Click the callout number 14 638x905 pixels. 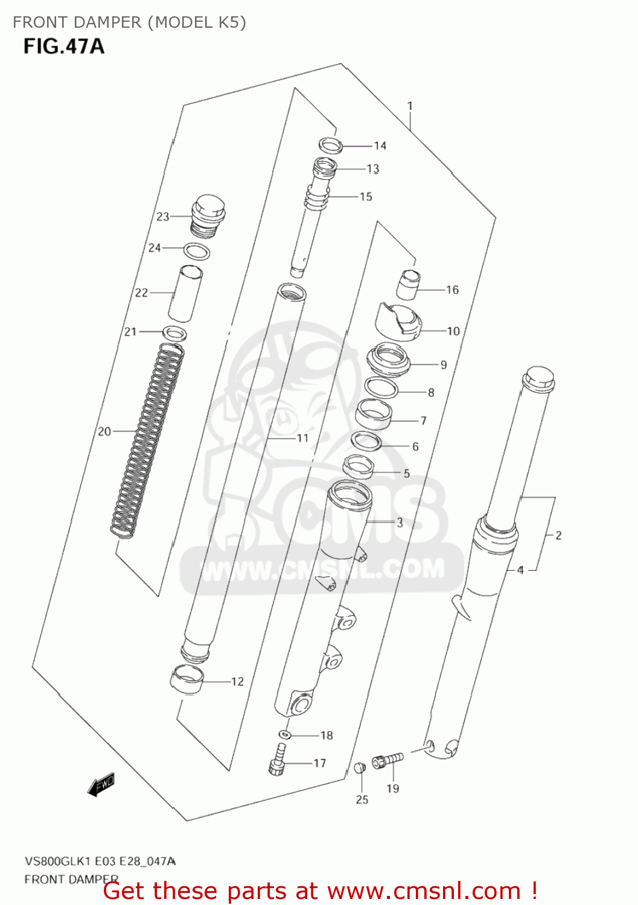click(380, 145)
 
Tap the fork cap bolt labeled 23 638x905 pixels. click(207, 215)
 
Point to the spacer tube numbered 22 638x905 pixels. click(185, 294)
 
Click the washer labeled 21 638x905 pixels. click(174, 332)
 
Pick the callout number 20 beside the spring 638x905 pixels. click(104, 431)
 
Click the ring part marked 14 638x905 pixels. click(330, 145)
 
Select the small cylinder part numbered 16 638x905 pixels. click(409, 285)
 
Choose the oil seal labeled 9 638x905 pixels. click(388, 359)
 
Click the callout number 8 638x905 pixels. click(431, 393)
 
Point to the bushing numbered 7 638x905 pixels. click(374, 414)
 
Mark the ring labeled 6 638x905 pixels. click(366, 442)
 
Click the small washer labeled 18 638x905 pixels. click(285, 734)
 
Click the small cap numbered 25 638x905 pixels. click(360, 767)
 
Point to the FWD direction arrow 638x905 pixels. click(101, 785)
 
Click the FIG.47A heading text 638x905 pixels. click(64, 46)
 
